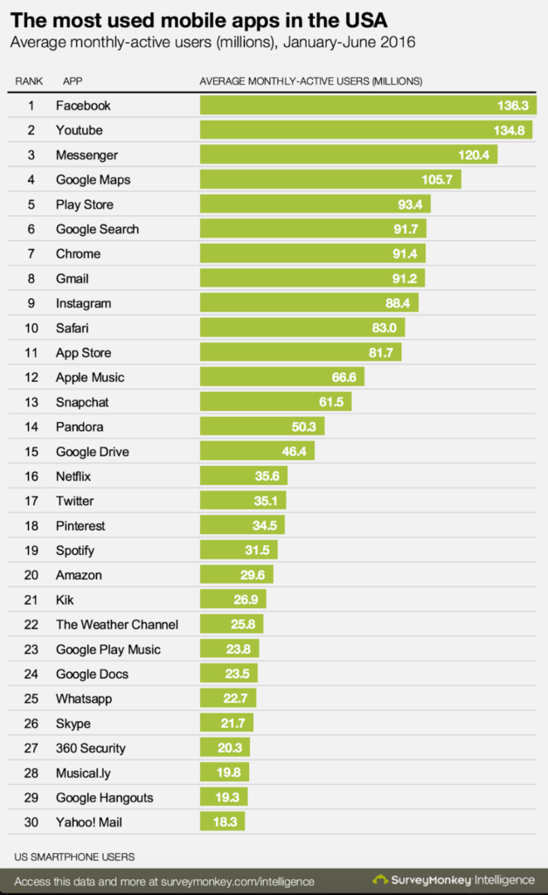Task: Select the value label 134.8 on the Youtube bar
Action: [510, 130]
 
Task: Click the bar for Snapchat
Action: [276, 402]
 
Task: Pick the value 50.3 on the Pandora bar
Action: [306, 427]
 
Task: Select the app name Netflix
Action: [73, 476]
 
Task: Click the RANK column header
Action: [30, 81]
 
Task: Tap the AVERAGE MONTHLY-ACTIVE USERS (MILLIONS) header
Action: [311, 81]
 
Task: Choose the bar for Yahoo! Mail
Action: [223, 822]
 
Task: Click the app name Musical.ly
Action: [83, 773]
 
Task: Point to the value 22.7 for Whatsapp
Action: [239, 698]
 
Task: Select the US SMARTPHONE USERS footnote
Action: [75, 856]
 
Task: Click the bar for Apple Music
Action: [282, 378]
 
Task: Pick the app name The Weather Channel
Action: [117, 624]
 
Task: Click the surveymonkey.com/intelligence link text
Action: [236, 881]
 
